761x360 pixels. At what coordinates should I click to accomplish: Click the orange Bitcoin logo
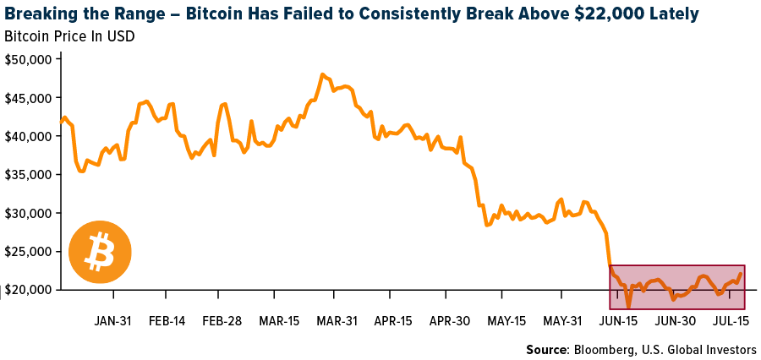click(x=101, y=252)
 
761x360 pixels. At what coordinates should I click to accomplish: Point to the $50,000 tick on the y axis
click(x=28, y=59)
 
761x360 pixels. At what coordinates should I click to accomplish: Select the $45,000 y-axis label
click(x=28, y=97)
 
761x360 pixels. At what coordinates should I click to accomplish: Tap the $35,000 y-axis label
click(x=28, y=174)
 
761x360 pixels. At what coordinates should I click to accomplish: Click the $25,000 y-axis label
click(x=28, y=251)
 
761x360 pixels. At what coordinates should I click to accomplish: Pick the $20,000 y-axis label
click(x=28, y=289)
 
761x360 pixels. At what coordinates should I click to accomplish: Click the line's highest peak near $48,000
click(x=323, y=74)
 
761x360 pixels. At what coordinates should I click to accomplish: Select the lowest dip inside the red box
click(x=628, y=306)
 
